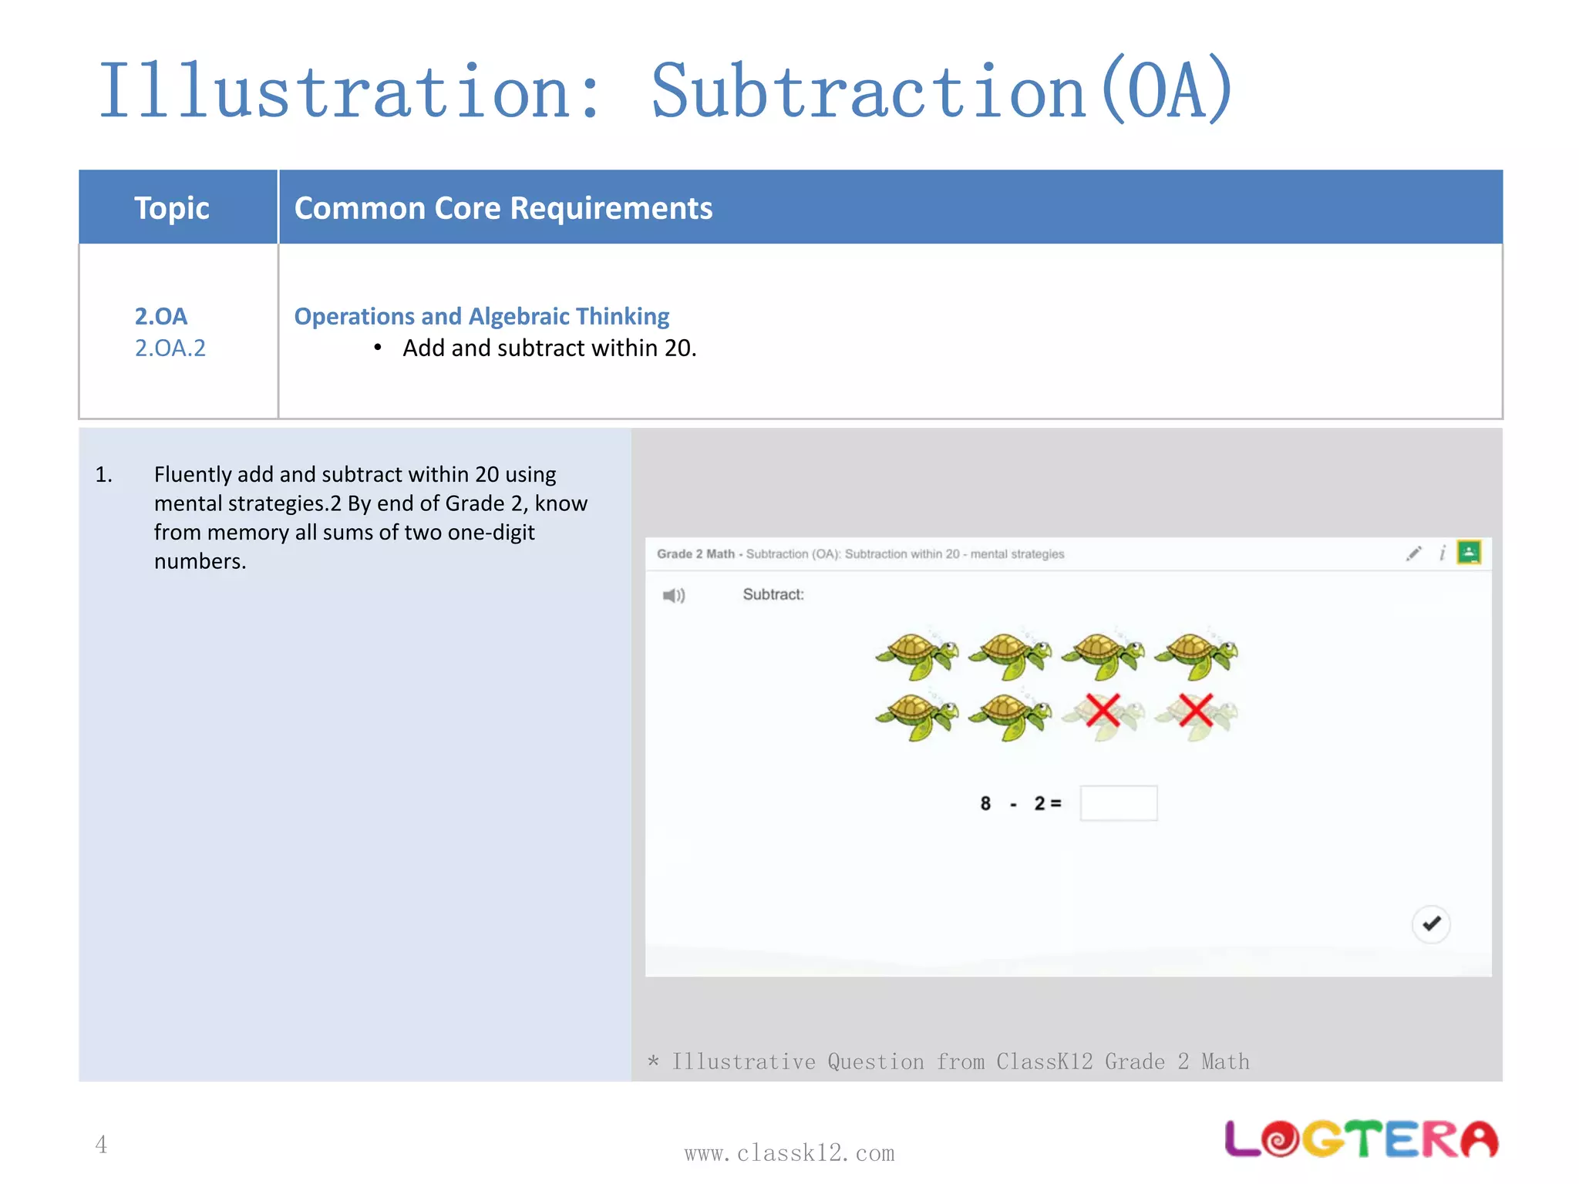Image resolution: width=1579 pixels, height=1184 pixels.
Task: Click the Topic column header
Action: (x=171, y=208)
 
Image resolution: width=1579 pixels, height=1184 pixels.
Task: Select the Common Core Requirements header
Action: (x=503, y=208)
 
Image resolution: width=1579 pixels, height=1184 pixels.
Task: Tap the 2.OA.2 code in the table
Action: (x=170, y=348)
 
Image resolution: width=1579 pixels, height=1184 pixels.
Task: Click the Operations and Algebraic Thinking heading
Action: (x=482, y=316)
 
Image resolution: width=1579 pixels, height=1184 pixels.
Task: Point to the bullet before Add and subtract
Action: (x=378, y=348)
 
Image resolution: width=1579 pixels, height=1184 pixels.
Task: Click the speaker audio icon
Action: (x=674, y=595)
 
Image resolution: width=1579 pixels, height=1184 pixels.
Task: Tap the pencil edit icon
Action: (x=1413, y=553)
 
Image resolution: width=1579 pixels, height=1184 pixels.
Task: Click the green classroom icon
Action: (x=1469, y=553)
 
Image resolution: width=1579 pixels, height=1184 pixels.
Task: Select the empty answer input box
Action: (x=1118, y=803)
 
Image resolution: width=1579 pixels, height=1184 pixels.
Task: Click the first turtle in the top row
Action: (x=917, y=655)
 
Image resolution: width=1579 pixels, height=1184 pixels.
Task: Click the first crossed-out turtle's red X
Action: (x=1103, y=711)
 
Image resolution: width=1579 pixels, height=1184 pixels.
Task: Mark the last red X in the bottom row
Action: (x=1196, y=711)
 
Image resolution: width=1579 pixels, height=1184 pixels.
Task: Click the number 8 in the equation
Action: (x=985, y=804)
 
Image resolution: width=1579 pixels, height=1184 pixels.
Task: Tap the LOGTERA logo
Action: (x=1362, y=1139)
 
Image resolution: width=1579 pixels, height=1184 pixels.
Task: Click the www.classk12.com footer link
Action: (x=789, y=1153)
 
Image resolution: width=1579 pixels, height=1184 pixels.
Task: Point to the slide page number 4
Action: (x=101, y=1145)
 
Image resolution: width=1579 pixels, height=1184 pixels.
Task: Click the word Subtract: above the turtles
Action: (x=773, y=594)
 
